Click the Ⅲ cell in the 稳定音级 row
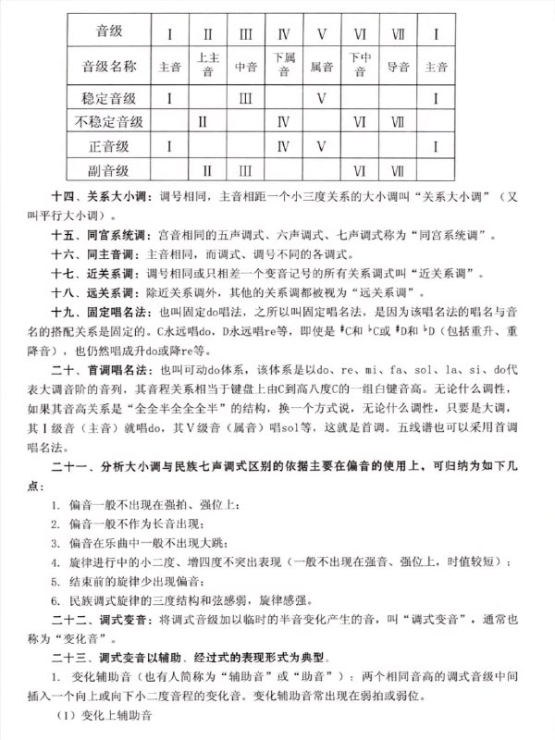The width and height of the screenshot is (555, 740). pyautogui.click(x=246, y=97)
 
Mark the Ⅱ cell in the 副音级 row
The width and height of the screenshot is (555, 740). pyautogui.click(x=207, y=169)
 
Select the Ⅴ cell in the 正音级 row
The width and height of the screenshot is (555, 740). pyautogui.click(x=322, y=145)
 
